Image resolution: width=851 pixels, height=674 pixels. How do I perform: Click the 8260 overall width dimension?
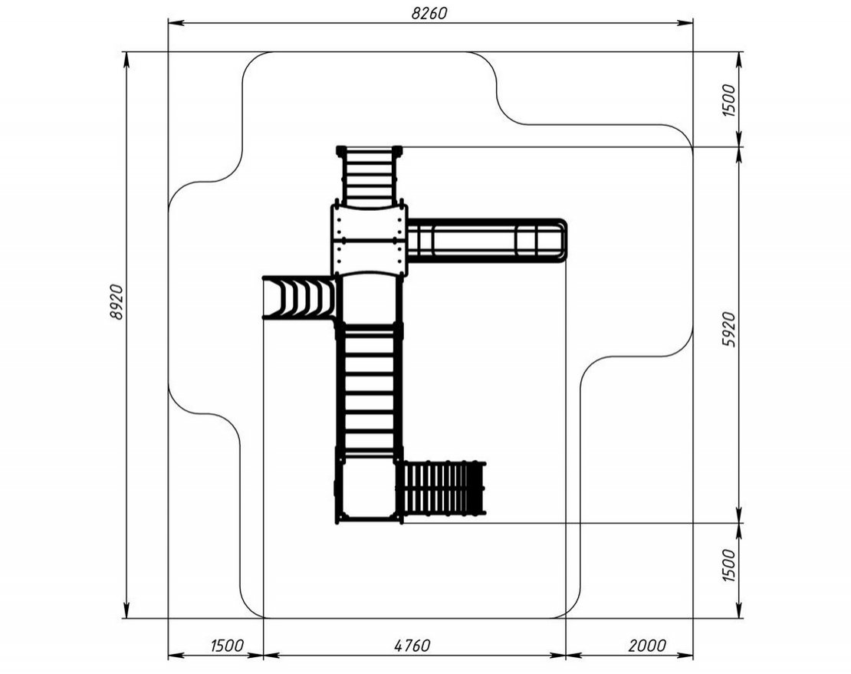(429, 14)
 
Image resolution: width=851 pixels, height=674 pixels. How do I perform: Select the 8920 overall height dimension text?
(117, 301)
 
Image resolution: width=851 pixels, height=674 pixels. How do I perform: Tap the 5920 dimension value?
(729, 330)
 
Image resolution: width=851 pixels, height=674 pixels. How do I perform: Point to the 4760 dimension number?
(412, 645)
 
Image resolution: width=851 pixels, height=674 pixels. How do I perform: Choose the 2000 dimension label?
(647, 645)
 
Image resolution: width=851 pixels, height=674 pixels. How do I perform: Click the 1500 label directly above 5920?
(729, 100)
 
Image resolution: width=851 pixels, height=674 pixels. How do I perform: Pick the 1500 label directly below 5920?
(729, 565)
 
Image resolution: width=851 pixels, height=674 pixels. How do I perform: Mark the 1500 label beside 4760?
(227, 645)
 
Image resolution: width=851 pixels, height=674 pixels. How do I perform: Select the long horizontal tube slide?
(487, 241)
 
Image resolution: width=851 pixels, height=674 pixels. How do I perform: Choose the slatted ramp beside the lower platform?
(442, 488)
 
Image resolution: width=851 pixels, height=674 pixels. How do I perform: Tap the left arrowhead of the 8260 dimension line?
(175, 23)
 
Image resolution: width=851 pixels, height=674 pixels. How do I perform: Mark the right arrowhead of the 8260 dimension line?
(686, 23)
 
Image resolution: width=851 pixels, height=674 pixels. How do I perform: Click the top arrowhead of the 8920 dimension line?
(127, 59)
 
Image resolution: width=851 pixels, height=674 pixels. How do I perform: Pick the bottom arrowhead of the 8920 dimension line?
(127, 610)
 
